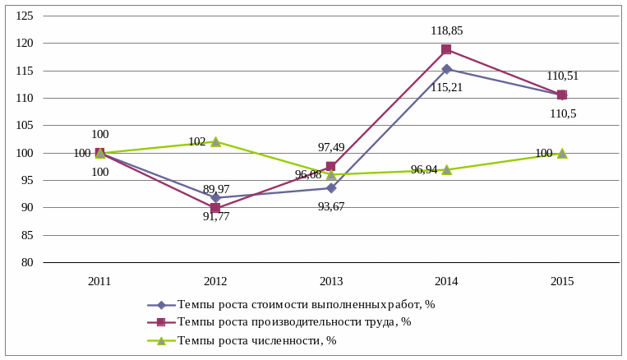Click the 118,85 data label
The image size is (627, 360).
pyautogui.click(x=446, y=31)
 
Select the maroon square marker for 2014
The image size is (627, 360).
pyautogui.click(x=446, y=49)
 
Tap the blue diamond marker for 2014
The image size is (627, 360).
pyautogui.click(x=446, y=69)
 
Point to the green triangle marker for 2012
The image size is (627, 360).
pyautogui.click(x=215, y=141)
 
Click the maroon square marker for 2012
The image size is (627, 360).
pyautogui.click(x=215, y=208)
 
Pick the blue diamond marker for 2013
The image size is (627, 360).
pyautogui.click(x=331, y=187)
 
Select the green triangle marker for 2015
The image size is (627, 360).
pyautogui.click(x=562, y=153)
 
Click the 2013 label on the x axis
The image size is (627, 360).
pyautogui.click(x=331, y=281)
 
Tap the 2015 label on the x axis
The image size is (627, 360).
pyautogui.click(x=562, y=281)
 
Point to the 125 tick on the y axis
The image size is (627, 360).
pyautogui.click(x=25, y=16)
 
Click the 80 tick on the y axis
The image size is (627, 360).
pyautogui.click(x=27, y=262)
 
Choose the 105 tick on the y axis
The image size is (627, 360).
pyautogui.click(x=25, y=126)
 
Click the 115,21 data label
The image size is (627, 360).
pyautogui.click(x=446, y=87)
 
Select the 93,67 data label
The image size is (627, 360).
pyautogui.click(x=331, y=206)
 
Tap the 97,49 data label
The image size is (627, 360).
pyautogui.click(x=331, y=147)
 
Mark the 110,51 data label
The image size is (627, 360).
pyautogui.click(x=562, y=76)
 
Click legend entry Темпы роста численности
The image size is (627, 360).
pyautogui.click(x=256, y=340)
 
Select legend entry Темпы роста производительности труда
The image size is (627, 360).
pyautogui.click(x=293, y=322)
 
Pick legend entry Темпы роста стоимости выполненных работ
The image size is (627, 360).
pyautogui.click(x=306, y=304)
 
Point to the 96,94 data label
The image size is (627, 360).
pyautogui.click(x=424, y=170)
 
